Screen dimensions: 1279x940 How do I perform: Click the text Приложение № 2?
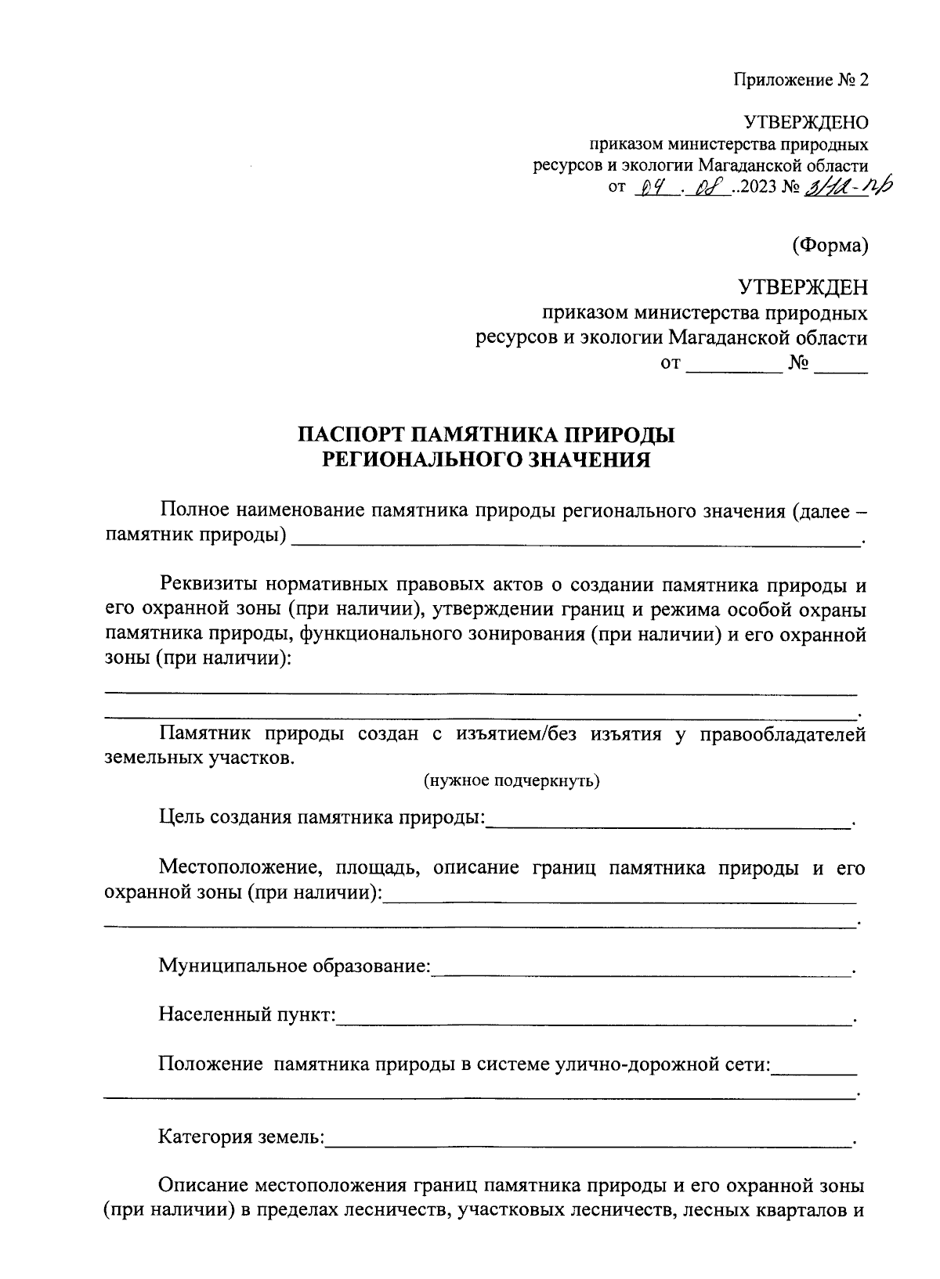click(x=801, y=80)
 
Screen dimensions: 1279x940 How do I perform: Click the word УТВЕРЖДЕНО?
click(x=806, y=122)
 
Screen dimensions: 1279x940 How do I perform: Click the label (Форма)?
click(x=830, y=245)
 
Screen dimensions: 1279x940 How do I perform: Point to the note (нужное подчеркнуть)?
click(x=512, y=780)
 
